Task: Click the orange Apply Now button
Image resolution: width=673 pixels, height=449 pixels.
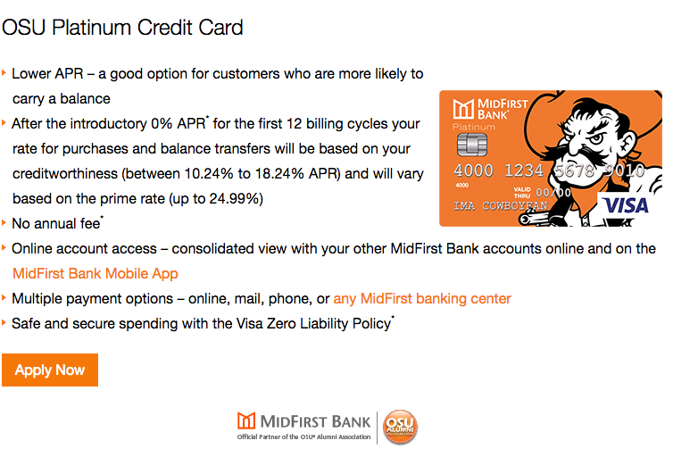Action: pos(50,370)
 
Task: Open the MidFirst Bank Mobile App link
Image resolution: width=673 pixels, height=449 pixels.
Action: pos(95,274)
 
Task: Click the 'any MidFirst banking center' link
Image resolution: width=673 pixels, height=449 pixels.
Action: pos(422,298)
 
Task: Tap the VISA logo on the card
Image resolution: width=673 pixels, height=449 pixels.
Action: pos(627,205)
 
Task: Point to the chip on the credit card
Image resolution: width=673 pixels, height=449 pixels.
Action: pos(471,144)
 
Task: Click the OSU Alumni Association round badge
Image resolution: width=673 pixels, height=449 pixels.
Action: pos(400,427)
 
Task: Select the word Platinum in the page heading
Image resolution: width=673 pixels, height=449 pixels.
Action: pos(91,28)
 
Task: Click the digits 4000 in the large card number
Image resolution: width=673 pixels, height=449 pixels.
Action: pos(473,170)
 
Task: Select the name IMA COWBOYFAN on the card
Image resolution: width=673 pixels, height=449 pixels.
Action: pos(501,205)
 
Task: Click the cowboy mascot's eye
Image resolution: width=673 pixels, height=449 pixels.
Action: pos(596,139)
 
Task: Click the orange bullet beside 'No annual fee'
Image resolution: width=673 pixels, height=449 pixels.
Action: pos(4,223)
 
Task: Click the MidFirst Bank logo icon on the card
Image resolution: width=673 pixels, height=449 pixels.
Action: pos(463,109)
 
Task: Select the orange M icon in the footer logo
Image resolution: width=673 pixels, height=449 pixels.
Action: pos(246,420)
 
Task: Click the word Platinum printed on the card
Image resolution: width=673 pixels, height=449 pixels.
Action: pos(474,127)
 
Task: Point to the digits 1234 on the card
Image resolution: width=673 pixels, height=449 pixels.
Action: pos(524,170)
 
